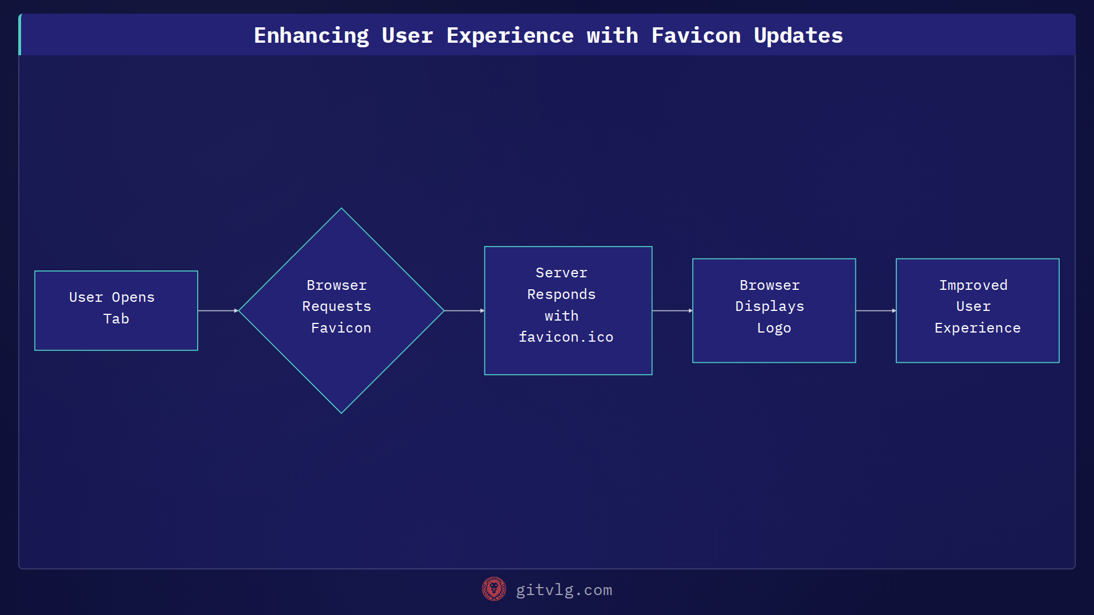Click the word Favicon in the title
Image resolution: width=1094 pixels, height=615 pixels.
click(x=696, y=35)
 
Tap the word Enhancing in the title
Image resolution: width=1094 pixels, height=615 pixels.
click(x=311, y=35)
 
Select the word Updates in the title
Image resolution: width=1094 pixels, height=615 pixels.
click(x=798, y=35)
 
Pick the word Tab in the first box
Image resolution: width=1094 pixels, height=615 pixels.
click(x=116, y=319)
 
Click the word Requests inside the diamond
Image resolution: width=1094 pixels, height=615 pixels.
click(x=336, y=306)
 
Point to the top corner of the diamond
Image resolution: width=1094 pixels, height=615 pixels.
click(x=341, y=210)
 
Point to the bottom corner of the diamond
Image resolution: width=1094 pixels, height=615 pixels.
click(x=341, y=412)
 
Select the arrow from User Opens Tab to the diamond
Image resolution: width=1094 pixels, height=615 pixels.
click(x=218, y=310)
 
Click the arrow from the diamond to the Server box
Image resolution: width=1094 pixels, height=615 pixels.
click(x=464, y=310)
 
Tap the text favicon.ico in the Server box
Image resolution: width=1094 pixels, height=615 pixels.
click(x=566, y=337)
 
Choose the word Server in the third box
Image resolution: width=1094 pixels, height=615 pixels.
click(x=561, y=273)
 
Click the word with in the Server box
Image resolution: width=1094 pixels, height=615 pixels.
click(x=561, y=316)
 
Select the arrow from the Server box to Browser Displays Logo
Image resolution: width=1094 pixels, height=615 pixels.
click(x=672, y=310)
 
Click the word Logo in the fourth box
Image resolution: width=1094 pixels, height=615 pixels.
click(x=774, y=328)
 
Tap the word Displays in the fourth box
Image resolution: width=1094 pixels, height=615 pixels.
click(x=769, y=306)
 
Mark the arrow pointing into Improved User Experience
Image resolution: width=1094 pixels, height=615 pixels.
click(x=875, y=310)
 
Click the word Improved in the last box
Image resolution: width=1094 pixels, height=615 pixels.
click(x=973, y=285)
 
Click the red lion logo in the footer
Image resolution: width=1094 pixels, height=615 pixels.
click(x=493, y=589)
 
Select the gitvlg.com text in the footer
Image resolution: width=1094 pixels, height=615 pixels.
click(x=564, y=590)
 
